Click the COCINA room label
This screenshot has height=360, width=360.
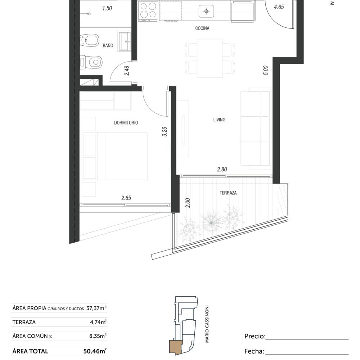click(202, 28)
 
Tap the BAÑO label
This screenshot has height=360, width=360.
click(108, 45)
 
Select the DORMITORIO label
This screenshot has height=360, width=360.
click(126, 123)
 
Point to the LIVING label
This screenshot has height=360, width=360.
click(219, 120)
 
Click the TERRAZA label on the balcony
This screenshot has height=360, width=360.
click(228, 193)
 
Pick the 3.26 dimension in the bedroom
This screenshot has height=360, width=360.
click(165, 131)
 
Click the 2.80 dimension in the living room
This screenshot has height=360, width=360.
click(222, 170)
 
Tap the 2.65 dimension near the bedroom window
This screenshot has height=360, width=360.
click(126, 198)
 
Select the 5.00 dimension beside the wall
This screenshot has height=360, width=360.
click(266, 70)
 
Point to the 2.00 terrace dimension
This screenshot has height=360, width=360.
click(188, 203)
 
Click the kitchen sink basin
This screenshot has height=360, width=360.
click(206, 11)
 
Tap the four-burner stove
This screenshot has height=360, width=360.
click(148, 12)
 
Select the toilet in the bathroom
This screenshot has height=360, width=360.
click(91, 62)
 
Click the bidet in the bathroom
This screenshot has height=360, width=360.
click(90, 41)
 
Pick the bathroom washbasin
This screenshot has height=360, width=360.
click(125, 41)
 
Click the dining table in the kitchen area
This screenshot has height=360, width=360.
click(210, 59)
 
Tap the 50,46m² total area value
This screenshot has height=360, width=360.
click(95, 351)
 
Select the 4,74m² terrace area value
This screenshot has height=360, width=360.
click(98, 322)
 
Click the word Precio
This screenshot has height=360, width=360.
click(255, 336)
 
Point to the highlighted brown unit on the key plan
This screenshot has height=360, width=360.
click(175, 347)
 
